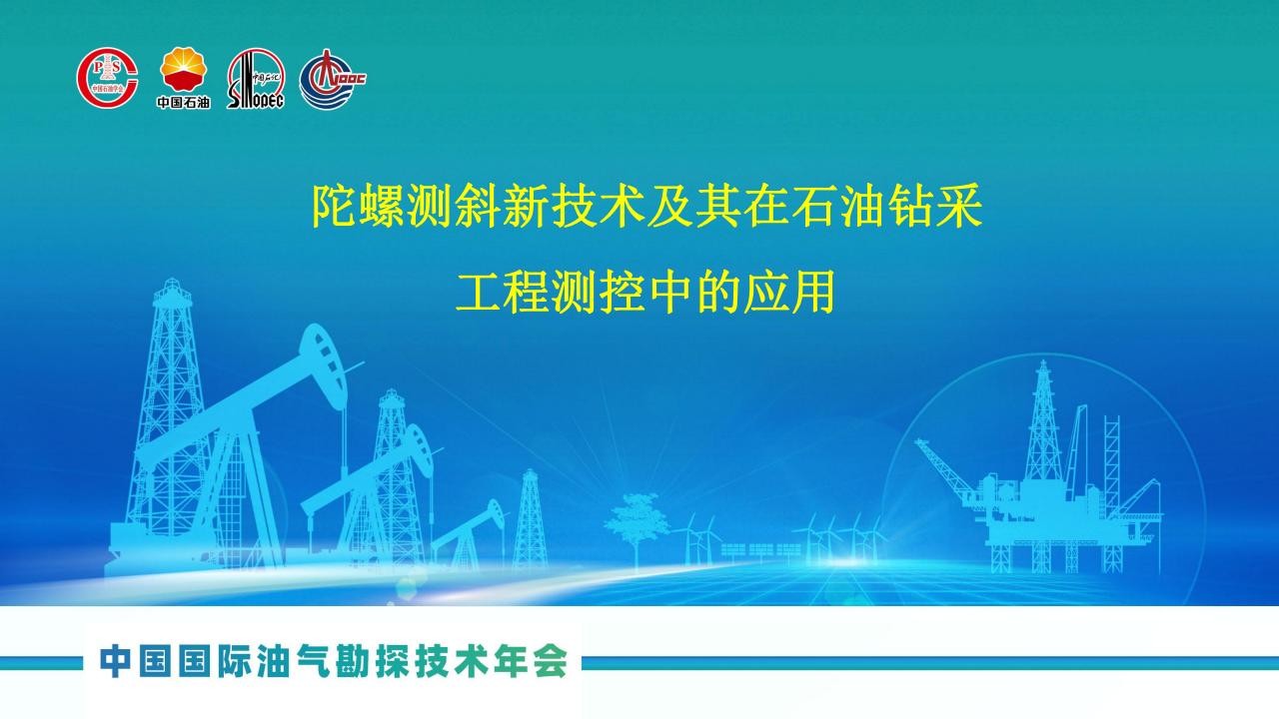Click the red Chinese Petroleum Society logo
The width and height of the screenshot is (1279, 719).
107,78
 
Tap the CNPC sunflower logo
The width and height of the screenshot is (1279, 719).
183,69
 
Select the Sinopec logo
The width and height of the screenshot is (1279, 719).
255,79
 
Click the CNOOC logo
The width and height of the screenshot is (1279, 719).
333,79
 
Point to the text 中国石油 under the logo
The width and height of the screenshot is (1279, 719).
183,102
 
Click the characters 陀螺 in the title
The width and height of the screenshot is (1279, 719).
359,206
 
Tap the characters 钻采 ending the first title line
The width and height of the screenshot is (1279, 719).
934,206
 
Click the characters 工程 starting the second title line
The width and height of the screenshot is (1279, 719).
503,292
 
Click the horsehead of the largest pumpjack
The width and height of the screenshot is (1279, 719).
323,366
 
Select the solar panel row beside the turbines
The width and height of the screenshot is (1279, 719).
760,550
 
